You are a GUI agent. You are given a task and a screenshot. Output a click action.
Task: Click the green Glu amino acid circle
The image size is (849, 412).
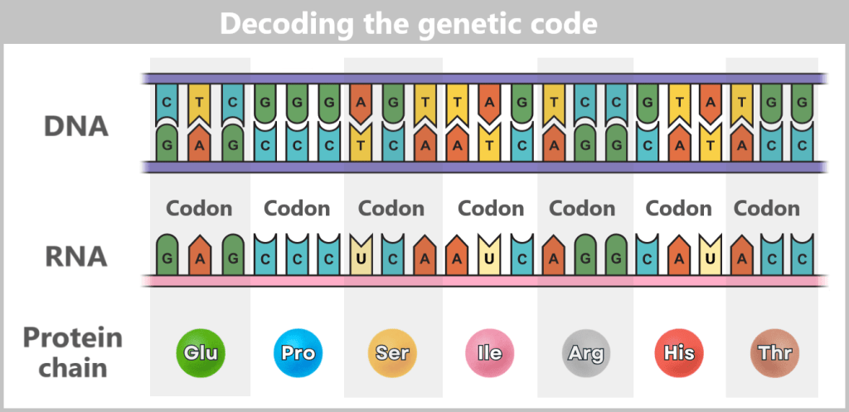(x=201, y=353)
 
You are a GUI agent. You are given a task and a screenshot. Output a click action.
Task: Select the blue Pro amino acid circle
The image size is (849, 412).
(x=297, y=353)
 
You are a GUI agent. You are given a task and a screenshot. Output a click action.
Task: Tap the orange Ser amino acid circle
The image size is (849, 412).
(x=391, y=353)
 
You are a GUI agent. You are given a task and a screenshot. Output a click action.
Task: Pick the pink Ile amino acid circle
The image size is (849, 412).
(x=489, y=353)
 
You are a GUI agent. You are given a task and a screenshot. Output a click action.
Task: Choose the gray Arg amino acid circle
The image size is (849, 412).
(x=585, y=353)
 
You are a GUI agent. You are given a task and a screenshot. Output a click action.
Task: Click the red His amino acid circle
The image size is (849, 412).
(x=680, y=353)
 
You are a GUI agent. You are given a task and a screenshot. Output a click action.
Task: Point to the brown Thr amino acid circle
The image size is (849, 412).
(x=774, y=353)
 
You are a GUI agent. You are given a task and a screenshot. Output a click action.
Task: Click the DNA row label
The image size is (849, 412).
(x=75, y=127)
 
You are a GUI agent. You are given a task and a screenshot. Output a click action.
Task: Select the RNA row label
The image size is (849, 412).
(x=75, y=256)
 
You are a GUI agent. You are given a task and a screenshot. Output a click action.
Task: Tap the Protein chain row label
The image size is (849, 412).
(x=73, y=352)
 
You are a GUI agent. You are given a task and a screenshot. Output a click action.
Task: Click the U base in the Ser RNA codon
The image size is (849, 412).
(x=361, y=258)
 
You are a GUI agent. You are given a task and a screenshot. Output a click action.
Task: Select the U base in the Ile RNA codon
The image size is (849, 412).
(x=489, y=258)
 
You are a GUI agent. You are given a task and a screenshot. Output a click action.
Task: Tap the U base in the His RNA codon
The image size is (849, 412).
(x=711, y=258)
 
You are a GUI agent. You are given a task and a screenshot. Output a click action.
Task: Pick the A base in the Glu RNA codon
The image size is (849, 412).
(x=200, y=258)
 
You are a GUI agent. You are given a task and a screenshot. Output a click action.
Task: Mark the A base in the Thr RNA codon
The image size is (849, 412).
(x=742, y=258)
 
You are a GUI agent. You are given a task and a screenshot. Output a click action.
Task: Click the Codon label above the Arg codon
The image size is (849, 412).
(x=582, y=208)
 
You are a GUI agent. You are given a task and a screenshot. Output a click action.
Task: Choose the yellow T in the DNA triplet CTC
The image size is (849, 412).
(x=200, y=101)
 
